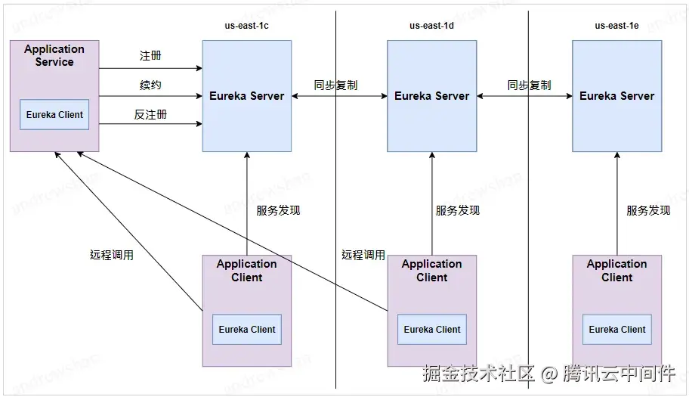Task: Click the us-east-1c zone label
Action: point(247,26)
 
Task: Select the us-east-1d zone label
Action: point(431,26)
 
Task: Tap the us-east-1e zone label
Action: point(616,26)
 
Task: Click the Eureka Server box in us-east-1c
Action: point(247,96)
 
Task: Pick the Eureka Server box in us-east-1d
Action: point(431,96)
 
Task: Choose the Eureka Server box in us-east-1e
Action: point(616,96)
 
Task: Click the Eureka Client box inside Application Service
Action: point(54,115)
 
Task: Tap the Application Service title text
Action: point(54,55)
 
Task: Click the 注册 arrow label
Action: point(150,56)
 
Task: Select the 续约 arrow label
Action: point(150,85)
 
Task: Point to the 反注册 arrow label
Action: point(150,114)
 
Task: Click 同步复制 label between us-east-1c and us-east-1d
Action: point(336,85)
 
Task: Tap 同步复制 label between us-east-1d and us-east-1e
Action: point(529,85)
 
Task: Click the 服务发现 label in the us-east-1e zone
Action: point(648,210)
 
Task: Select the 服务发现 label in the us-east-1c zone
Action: point(278,210)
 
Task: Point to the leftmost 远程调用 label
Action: point(112,255)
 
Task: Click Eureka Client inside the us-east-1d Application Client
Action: point(432,330)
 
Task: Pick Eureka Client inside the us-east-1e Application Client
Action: point(617,330)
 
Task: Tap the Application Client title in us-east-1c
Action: point(247,271)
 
